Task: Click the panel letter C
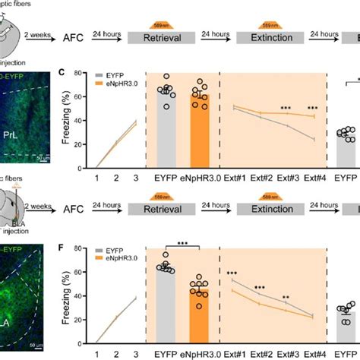(62, 74)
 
